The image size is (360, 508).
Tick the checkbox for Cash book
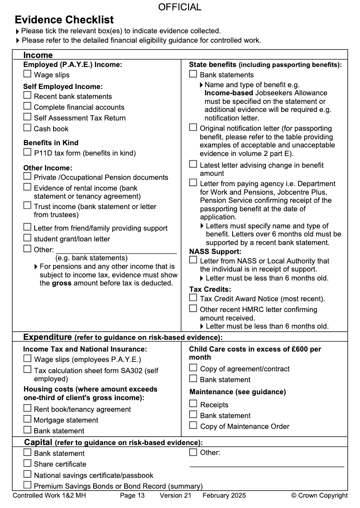(27, 128)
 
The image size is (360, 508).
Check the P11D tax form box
(27, 152)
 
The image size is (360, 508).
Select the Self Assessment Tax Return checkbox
(27, 117)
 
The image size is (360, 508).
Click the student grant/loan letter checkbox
(27, 238)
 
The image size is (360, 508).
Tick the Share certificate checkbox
(27, 463)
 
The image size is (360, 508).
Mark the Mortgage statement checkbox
(27, 419)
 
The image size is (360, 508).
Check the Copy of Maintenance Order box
(193, 425)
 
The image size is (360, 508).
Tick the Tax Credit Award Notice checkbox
(193, 298)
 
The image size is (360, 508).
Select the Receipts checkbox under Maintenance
(193, 404)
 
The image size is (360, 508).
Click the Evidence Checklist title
(64, 20)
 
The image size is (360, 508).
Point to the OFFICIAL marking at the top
(180, 7)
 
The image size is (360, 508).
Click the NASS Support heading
(215, 252)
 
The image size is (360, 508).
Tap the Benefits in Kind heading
(51, 143)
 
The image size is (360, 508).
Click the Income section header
(38, 55)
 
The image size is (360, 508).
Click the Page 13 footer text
(132, 495)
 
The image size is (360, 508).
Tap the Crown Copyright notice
(319, 495)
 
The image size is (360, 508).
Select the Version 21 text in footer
(175, 495)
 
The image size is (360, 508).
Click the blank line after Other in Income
(116, 250)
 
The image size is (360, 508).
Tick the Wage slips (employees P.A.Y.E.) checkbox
(27, 359)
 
